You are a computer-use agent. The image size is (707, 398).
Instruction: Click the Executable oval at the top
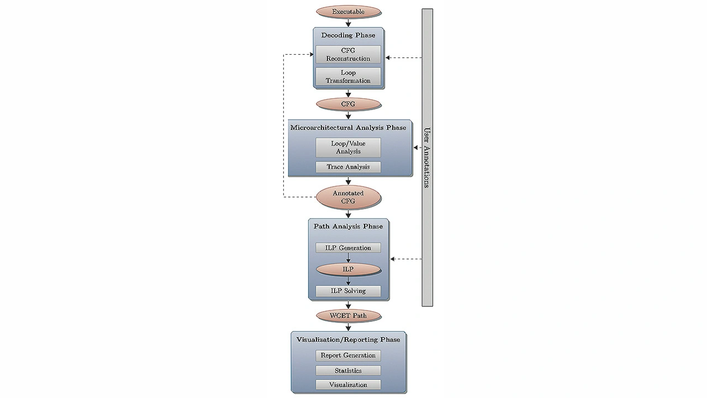coord(348,12)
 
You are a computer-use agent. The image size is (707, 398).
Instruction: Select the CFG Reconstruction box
coord(348,54)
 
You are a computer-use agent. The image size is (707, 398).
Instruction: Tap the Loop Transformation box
coord(348,76)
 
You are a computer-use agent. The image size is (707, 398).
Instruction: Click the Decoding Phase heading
coord(348,35)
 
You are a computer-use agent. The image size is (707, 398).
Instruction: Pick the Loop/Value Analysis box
coord(348,147)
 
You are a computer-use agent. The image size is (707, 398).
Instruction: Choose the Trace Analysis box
coord(348,167)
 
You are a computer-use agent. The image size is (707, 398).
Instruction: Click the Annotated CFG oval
coord(348,197)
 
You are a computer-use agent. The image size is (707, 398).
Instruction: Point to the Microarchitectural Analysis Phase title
coord(348,128)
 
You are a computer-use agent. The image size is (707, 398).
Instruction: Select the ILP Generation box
coord(348,248)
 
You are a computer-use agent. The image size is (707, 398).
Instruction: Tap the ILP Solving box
coord(348,291)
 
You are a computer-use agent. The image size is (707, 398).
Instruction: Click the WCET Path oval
coord(348,316)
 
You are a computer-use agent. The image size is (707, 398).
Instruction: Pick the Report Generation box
coord(348,355)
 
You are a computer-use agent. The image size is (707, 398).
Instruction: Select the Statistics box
coord(348,370)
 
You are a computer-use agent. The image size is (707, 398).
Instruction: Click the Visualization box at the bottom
coord(348,385)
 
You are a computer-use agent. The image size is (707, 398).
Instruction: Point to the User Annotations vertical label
coord(427,158)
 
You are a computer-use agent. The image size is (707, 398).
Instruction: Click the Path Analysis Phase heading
coord(348,226)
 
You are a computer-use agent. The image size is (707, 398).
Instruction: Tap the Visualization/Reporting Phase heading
coord(348,339)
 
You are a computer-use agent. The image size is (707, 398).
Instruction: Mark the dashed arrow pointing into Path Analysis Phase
coord(406,259)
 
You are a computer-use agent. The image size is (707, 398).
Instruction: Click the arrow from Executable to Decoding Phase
coord(348,22)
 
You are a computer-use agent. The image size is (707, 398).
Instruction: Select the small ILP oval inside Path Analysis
coord(348,269)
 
